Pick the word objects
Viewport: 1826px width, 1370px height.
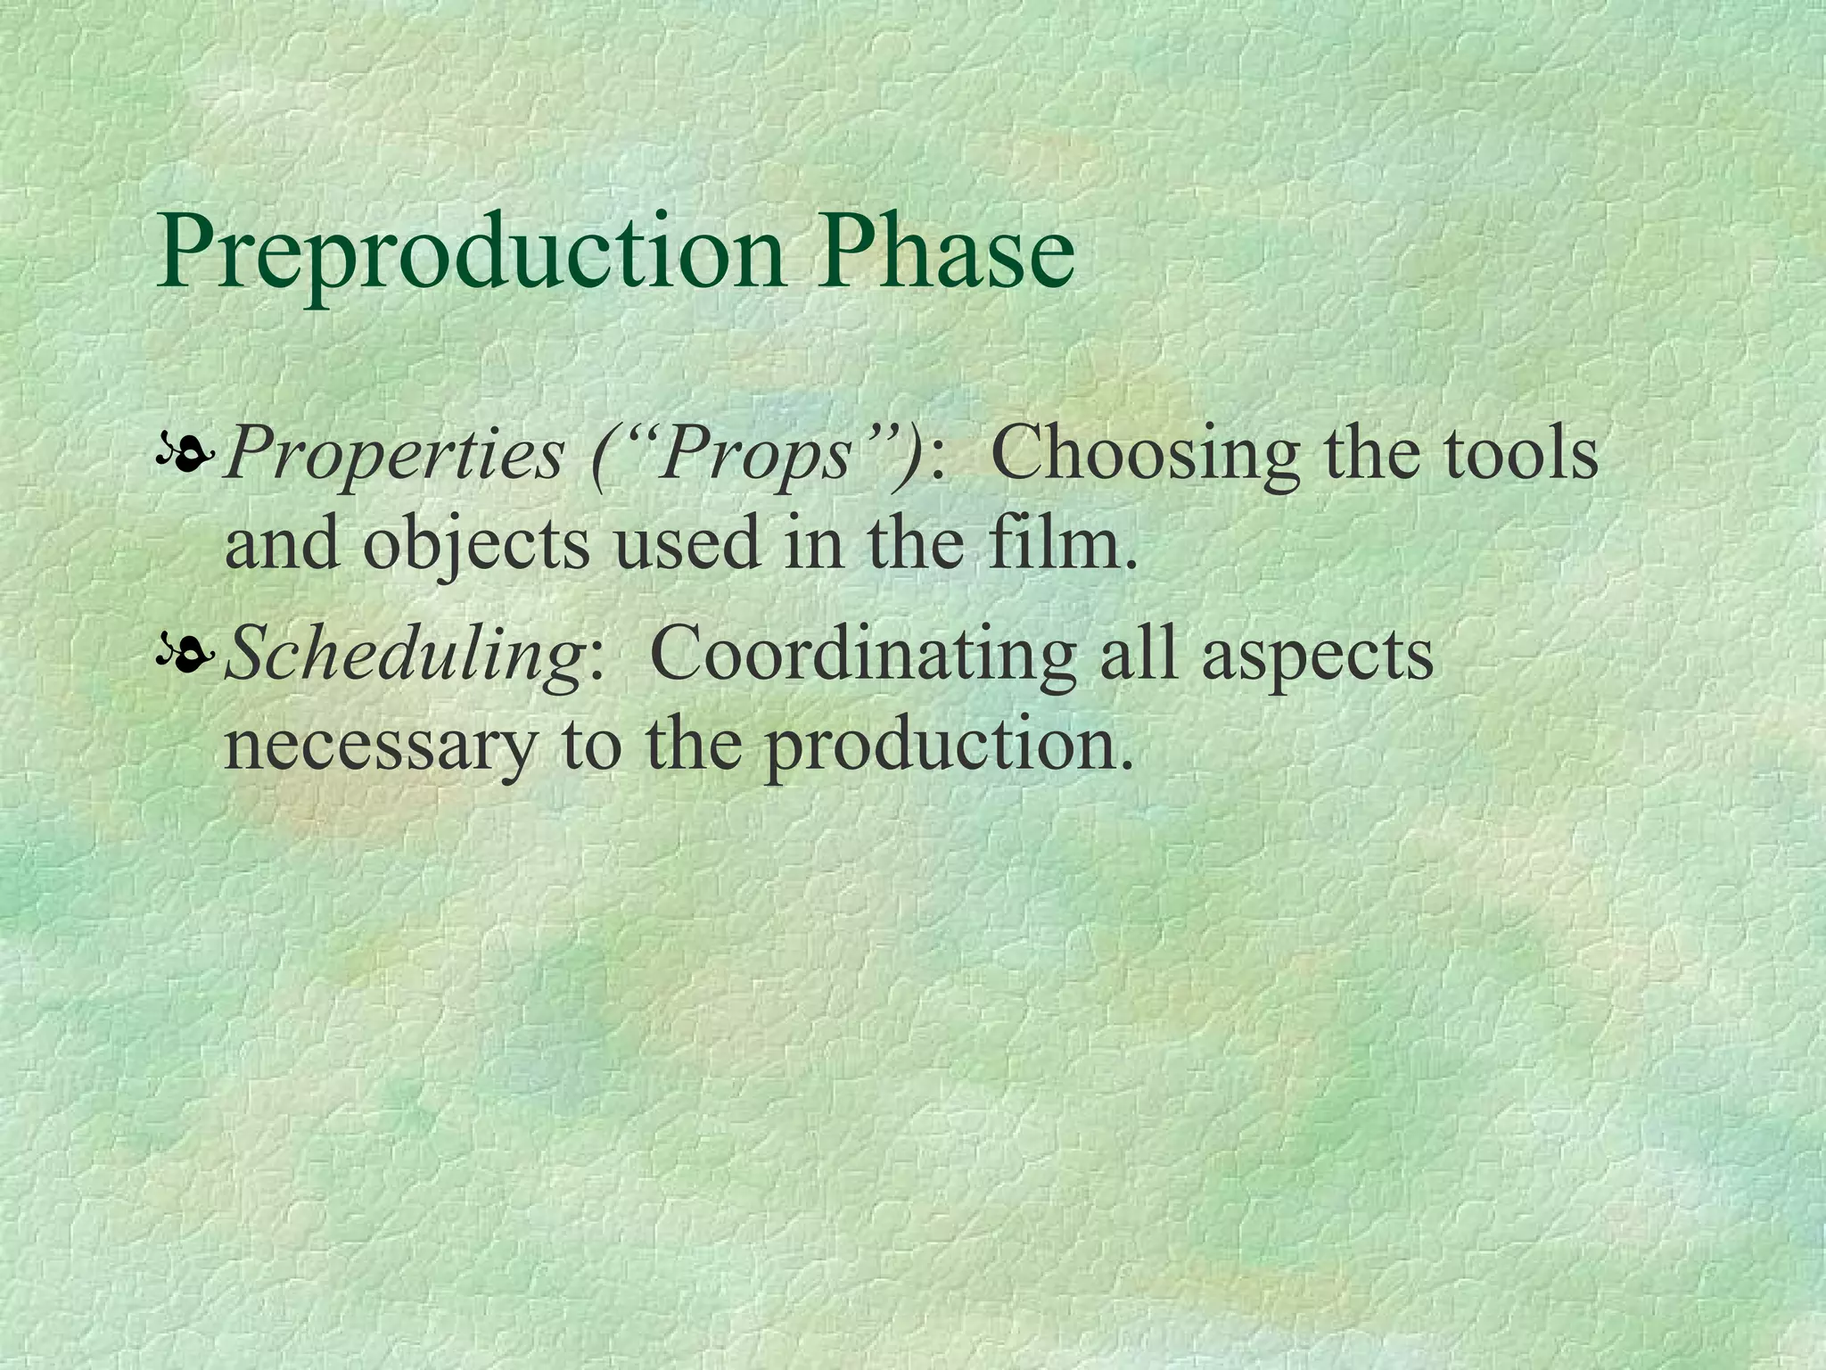476,546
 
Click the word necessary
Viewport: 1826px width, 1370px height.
380,746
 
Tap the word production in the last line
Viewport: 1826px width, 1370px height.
949,746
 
